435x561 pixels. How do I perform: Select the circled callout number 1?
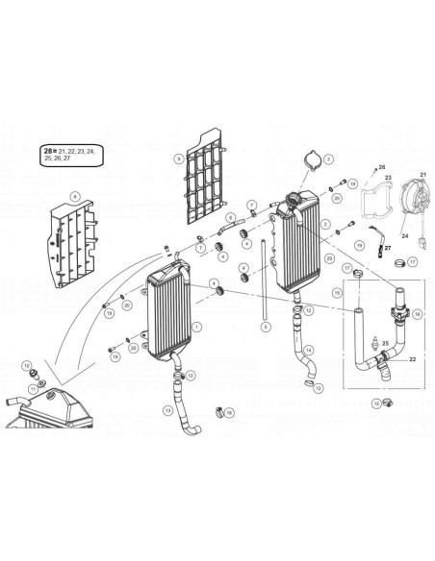point(197,326)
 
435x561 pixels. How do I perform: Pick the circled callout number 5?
point(264,327)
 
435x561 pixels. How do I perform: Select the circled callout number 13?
point(167,410)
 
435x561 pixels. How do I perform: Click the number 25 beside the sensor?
point(385,342)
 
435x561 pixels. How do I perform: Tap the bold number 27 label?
point(390,246)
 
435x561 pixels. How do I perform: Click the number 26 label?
point(381,166)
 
